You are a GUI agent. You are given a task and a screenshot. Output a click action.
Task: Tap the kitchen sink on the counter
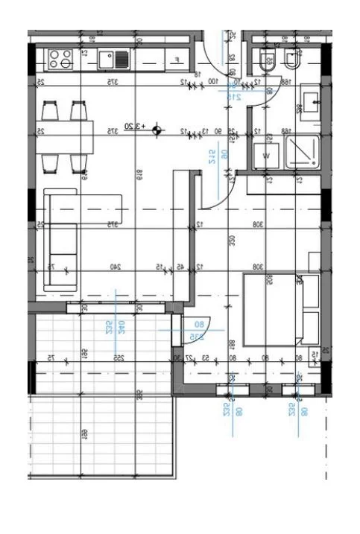tap(116, 57)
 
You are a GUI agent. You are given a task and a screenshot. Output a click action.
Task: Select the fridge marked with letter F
tap(176, 59)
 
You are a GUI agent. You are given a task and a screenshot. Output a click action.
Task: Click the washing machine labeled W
tap(265, 155)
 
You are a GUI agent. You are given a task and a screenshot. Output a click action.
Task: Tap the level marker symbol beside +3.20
tap(157, 131)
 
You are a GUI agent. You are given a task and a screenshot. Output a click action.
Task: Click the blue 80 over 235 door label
tap(199, 331)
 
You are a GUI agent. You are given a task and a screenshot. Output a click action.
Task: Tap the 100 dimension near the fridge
tap(212, 81)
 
